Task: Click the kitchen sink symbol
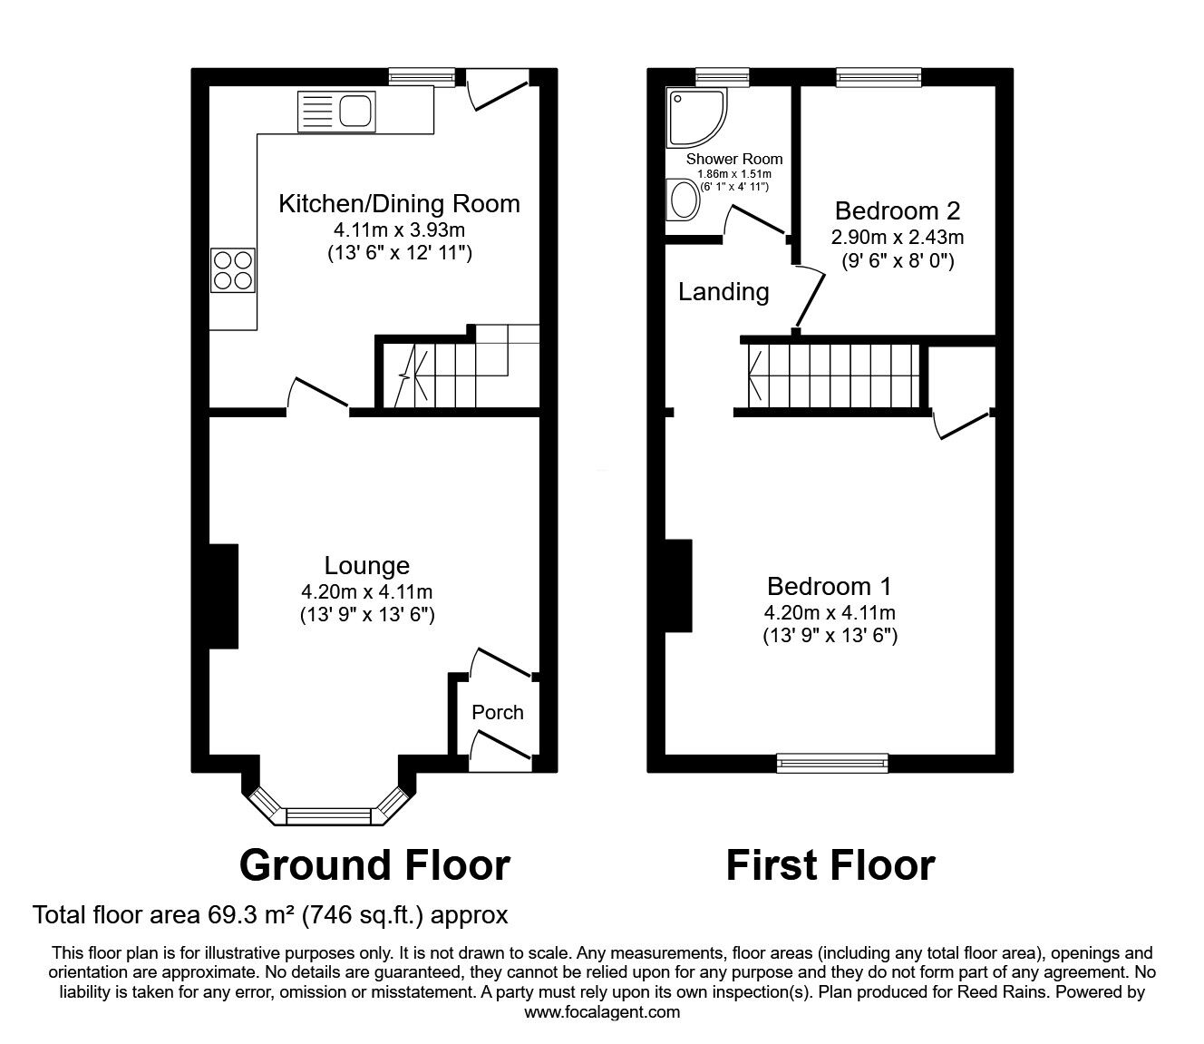[336, 112]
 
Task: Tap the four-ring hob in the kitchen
[233, 270]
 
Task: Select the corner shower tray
[696, 118]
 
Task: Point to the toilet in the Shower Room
[682, 199]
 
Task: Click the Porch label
[498, 712]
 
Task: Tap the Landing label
[723, 291]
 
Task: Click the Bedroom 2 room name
[897, 210]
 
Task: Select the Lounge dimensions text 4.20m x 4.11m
[366, 591]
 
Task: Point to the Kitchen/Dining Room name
[399, 203]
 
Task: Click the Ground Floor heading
[374, 865]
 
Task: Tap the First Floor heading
[830, 865]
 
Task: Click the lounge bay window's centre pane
[328, 816]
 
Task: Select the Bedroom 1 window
[832, 763]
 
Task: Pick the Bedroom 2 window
[879, 77]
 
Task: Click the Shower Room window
[723, 77]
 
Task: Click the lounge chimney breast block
[224, 596]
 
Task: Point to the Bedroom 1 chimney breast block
[678, 586]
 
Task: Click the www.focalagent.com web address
[602, 1011]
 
